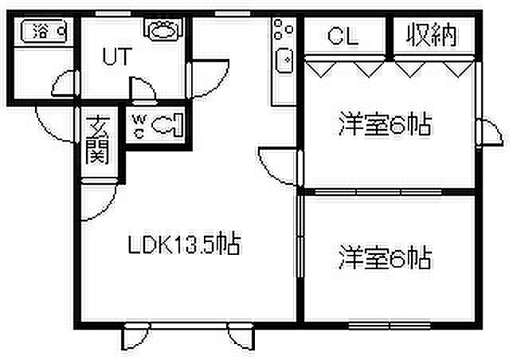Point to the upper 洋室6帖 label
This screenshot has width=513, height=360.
pyautogui.click(x=384, y=124)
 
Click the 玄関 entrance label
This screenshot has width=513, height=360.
pyautogui.click(x=97, y=140)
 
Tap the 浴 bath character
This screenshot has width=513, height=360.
pyautogui.click(x=38, y=33)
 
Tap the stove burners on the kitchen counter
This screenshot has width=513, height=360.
pyautogui.click(x=280, y=31)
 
